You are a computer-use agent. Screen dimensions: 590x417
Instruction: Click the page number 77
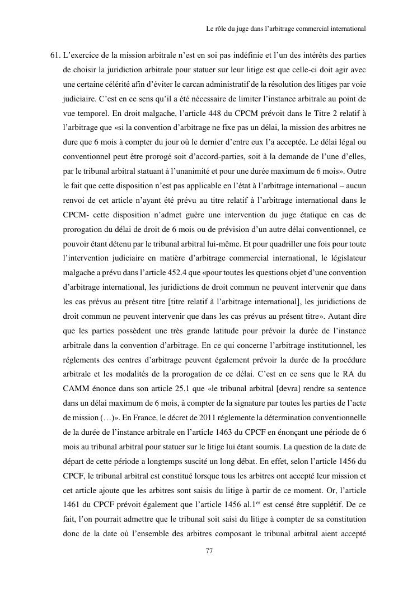pos(209,551)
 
